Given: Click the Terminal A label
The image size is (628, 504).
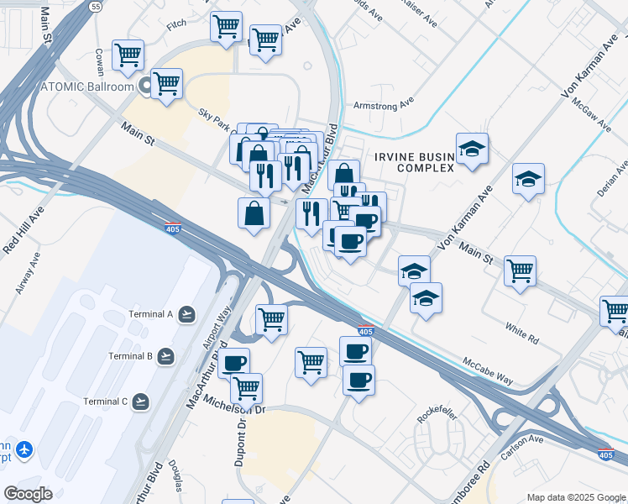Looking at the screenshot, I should [x=149, y=314].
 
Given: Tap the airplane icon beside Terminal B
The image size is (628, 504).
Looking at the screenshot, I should [x=166, y=356].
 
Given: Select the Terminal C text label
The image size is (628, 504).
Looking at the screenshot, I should [x=105, y=401].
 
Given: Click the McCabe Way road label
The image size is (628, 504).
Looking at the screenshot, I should [x=488, y=369].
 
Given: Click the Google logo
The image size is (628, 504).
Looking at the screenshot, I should [x=28, y=494].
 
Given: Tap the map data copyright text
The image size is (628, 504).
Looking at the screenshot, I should [x=576, y=497].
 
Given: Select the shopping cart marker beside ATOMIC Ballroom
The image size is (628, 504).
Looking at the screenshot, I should [x=167, y=83].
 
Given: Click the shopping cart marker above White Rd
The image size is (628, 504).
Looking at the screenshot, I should [x=521, y=271].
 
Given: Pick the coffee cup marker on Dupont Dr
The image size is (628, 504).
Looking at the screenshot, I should [x=234, y=363].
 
